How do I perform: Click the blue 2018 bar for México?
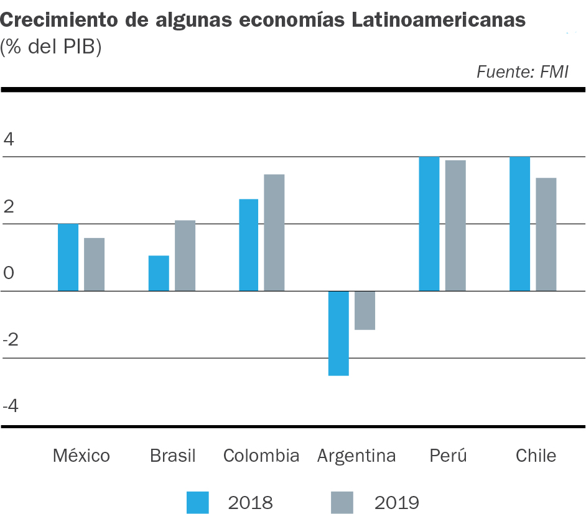[68, 257]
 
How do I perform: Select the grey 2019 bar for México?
[94, 264]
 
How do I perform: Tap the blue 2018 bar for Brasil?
[159, 273]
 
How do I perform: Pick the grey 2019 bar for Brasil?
[185, 255]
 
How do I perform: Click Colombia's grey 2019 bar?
[274, 232]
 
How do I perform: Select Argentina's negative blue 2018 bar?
[338, 333]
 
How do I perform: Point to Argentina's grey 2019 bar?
[365, 310]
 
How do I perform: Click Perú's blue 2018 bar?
[429, 224]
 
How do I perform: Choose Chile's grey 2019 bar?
[546, 234]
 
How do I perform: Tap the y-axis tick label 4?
[9, 139]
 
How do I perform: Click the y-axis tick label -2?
[12, 340]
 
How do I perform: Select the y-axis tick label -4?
[12, 406]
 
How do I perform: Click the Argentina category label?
[356, 456]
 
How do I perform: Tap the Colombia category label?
[261, 456]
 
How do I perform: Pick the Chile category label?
[536, 456]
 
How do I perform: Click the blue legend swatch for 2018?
[198, 502]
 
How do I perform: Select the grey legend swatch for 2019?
[342, 502]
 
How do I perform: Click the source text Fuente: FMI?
[523, 72]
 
